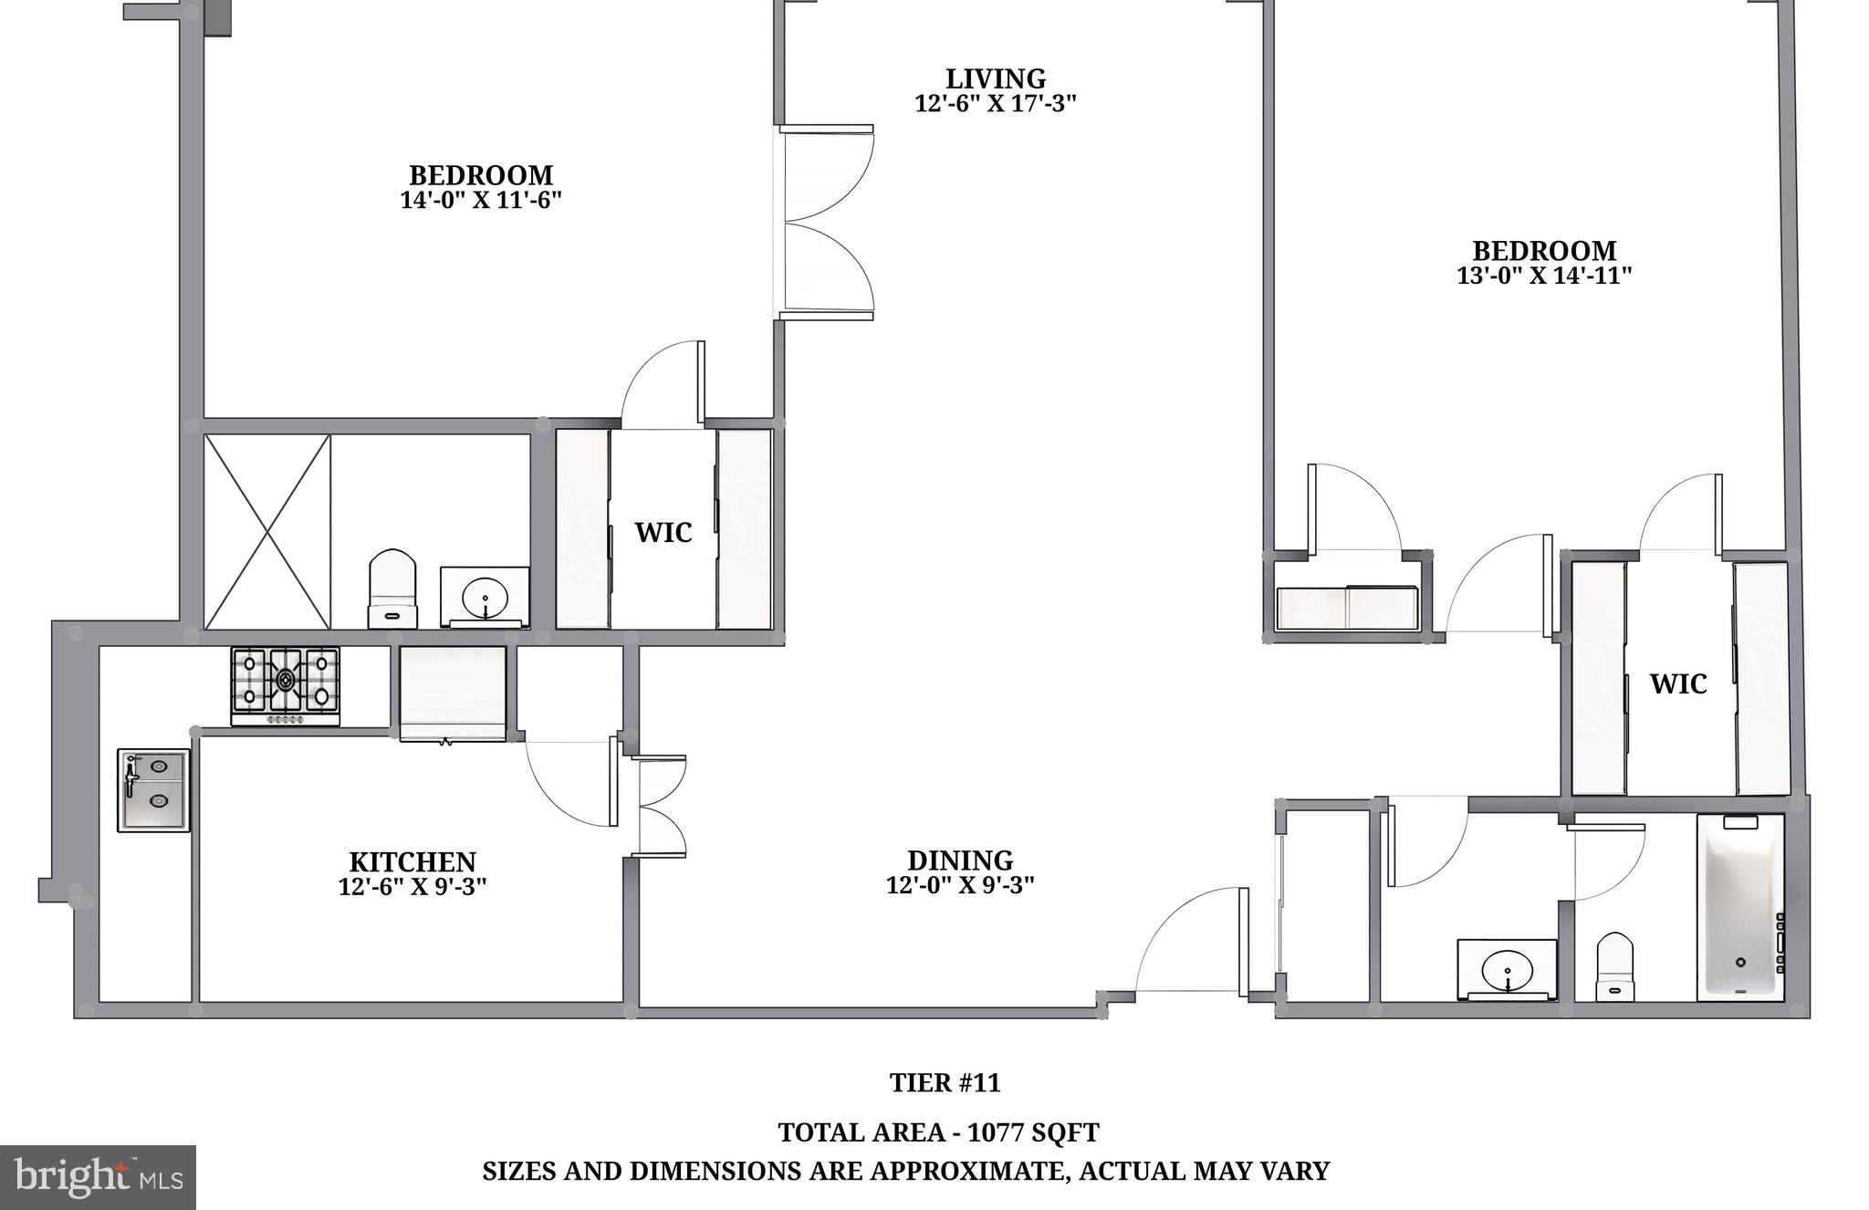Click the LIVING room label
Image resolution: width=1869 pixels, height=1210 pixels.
tap(995, 79)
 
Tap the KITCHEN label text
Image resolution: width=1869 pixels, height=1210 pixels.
tap(412, 861)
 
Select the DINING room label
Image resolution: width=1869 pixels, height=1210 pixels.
tap(960, 860)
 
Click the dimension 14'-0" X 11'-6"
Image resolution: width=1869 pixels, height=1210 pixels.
tap(480, 200)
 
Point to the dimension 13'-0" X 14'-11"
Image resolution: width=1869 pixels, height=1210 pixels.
tap(1543, 275)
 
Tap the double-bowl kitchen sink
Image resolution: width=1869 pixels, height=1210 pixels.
tap(153, 789)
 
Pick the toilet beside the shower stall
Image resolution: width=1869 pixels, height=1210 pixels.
tap(392, 588)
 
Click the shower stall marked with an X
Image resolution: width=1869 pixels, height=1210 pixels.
tap(266, 532)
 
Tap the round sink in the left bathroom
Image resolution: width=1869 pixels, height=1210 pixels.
tap(485, 600)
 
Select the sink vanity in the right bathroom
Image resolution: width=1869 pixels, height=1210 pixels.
tap(1507, 968)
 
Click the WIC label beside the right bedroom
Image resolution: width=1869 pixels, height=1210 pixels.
tap(1677, 683)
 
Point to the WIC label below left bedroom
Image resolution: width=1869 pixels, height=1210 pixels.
tap(663, 532)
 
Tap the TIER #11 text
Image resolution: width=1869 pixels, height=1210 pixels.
tap(945, 1083)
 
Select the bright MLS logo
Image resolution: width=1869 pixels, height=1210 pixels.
tap(98, 1177)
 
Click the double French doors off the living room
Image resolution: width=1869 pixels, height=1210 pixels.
tap(826, 223)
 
